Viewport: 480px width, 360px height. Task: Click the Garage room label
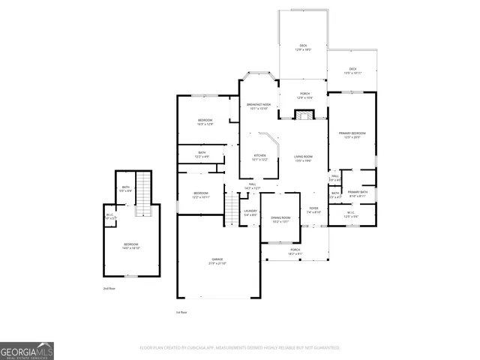coord(217,261)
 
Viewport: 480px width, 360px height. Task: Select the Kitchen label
coord(259,157)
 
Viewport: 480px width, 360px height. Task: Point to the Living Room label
coord(303,158)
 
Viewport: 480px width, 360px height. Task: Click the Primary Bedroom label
coord(349,135)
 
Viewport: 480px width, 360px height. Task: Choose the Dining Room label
coord(280,220)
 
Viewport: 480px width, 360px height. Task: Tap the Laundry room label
coord(250,213)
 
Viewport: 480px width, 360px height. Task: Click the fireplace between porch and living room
coord(303,115)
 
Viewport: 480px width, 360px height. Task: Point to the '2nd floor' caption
coord(109,288)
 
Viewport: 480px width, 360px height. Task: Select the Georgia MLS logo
coord(27,351)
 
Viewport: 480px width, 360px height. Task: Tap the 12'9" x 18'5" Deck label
coord(303,47)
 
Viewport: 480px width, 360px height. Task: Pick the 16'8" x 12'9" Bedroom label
coord(205,122)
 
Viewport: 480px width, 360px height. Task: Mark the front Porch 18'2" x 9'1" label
coord(295,251)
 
